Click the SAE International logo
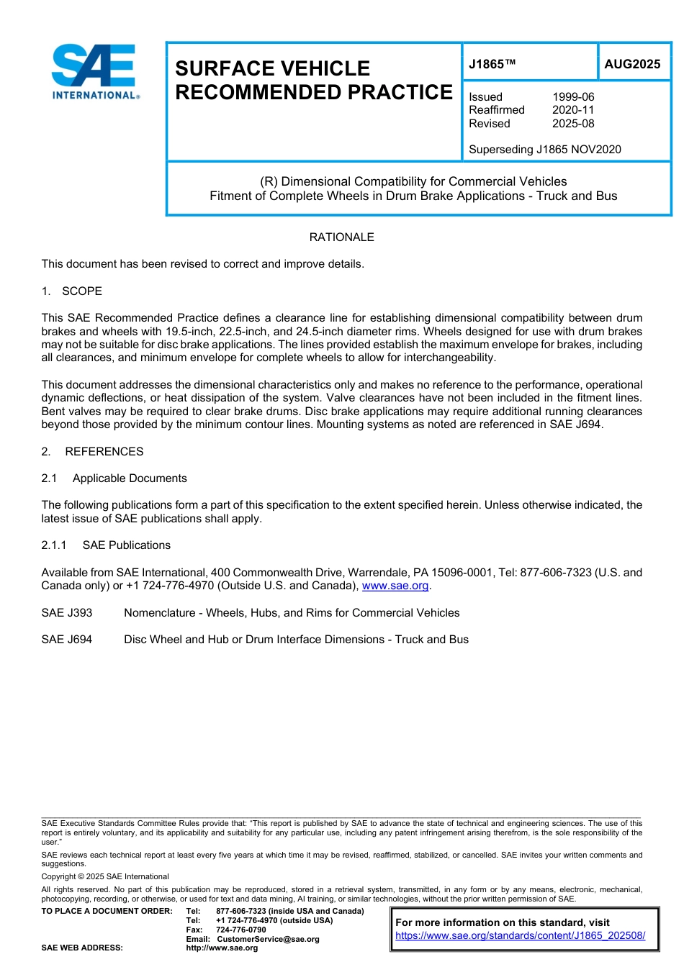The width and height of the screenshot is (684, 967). tap(95, 71)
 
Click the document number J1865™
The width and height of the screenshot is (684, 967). tap(492, 64)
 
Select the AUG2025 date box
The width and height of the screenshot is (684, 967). tap(632, 64)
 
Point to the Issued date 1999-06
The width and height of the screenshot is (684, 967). tap(573, 97)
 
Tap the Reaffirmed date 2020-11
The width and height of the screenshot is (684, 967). tap(573, 110)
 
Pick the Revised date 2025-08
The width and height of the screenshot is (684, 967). tap(573, 124)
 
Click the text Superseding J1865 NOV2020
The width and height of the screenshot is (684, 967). tap(544, 150)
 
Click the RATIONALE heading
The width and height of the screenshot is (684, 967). tap(341, 237)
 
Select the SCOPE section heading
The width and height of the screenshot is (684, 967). tap(82, 291)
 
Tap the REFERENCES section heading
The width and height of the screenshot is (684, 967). tap(104, 452)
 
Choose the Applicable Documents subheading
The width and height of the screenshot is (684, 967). tap(130, 478)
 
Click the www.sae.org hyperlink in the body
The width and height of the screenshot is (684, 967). tap(395, 586)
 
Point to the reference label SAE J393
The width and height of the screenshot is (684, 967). tap(67, 613)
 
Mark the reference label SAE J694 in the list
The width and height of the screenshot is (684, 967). tap(67, 640)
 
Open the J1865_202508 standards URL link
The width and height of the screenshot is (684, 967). tap(520, 936)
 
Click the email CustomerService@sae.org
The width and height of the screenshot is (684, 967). tap(268, 939)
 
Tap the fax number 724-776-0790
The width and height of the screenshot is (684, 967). tap(240, 930)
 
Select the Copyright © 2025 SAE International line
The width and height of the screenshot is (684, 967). tap(105, 876)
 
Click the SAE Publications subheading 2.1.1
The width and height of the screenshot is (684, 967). tap(126, 545)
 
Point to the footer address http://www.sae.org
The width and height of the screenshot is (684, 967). tap(222, 948)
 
